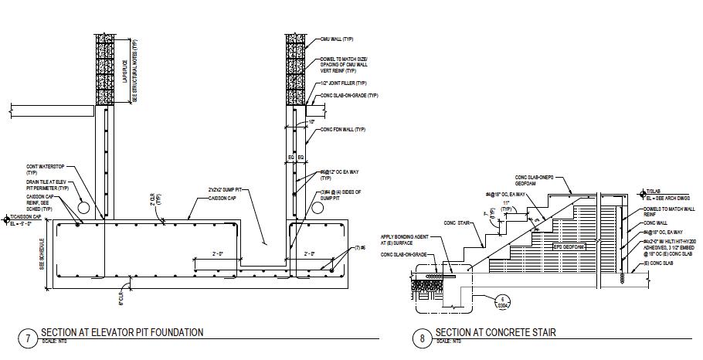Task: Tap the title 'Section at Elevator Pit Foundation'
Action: point(122,332)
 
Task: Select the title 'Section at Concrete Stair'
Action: point(495,333)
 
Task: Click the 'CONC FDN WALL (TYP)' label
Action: point(340,130)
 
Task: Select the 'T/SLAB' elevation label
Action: point(655,190)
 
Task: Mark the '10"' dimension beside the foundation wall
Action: point(311,121)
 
